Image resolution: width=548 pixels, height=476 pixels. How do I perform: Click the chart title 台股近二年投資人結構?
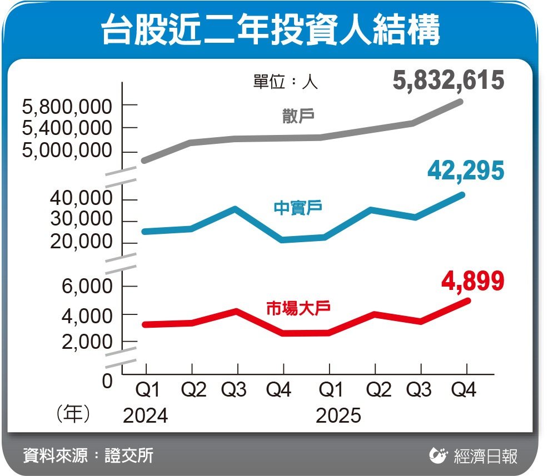tap(271, 31)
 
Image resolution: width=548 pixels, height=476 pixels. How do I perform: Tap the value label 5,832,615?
tap(448, 81)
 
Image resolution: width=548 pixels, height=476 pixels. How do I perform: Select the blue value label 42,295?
tap(466, 171)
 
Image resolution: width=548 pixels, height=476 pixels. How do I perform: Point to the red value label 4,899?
tap(472, 281)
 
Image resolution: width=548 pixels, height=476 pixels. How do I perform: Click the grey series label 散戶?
tap(298, 117)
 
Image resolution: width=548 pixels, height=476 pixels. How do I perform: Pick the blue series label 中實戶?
tap(298, 208)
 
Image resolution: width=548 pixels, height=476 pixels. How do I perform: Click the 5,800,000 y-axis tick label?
tap(67, 106)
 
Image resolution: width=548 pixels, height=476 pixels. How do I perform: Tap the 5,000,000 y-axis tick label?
tap(67, 151)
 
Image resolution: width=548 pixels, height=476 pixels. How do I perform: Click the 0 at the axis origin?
tap(107, 381)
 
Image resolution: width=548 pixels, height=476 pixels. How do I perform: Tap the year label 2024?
tap(145, 415)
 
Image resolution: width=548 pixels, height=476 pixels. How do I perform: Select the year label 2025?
tap(338, 415)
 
